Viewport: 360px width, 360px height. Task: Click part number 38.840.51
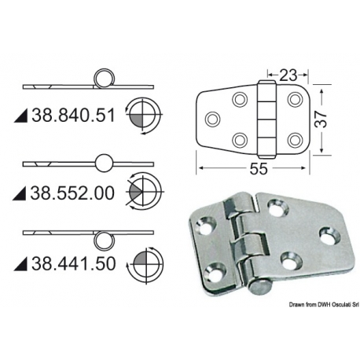click(73, 116)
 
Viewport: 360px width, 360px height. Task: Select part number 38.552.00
click(72, 193)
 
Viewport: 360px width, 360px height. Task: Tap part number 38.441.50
click(73, 263)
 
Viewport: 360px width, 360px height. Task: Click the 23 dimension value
click(288, 75)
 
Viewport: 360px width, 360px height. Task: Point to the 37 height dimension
click(321, 119)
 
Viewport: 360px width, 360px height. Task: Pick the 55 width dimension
click(258, 168)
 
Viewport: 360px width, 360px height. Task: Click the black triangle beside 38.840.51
click(21, 116)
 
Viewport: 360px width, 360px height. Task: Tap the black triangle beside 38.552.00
click(20, 193)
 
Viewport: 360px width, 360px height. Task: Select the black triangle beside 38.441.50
click(21, 264)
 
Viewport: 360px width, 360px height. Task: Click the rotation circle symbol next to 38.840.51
click(144, 116)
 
